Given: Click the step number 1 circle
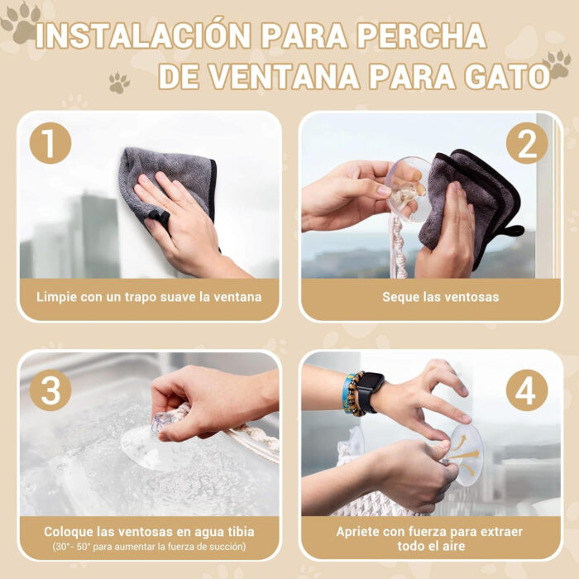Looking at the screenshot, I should coord(50,143).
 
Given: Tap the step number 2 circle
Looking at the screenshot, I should coord(527,143).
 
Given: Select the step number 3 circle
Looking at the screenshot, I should coord(50,390).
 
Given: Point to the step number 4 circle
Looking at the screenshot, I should coord(526,390).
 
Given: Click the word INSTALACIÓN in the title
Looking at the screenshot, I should coord(143,36).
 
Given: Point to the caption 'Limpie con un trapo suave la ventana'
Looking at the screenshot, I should coord(149,296).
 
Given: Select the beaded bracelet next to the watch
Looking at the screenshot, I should coord(352,394).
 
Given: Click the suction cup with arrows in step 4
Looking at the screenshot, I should coord(465,451).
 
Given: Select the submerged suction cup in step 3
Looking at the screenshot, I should coord(153,443).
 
